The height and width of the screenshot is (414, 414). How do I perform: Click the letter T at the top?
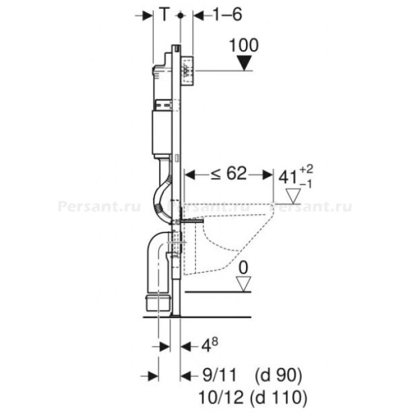[164, 15]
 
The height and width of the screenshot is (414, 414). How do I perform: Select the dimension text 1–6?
[227, 15]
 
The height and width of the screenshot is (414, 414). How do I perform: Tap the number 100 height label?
[244, 46]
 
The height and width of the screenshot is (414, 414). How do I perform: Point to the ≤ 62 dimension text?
[229, 174]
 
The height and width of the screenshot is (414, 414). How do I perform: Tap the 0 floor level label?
[244, 268]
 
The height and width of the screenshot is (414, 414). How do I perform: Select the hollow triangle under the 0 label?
[244, 284]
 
